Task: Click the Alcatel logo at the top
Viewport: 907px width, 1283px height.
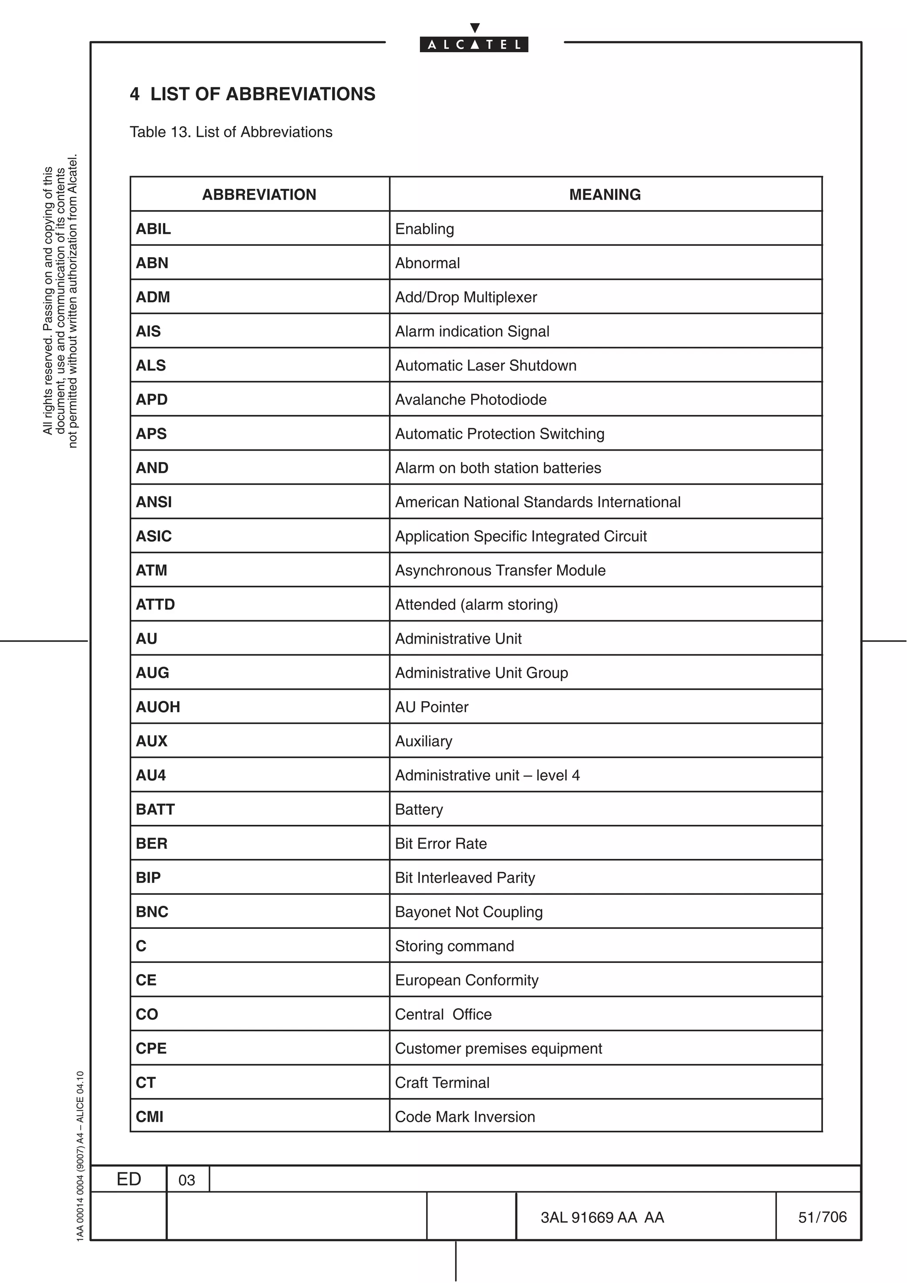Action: point(474,43)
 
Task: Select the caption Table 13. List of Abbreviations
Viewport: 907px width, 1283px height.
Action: point(231,132)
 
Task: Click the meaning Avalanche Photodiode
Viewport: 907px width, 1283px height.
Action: point(470,399)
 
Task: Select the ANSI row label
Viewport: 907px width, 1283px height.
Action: point(154,502)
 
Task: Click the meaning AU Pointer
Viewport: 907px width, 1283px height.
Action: point(431,707)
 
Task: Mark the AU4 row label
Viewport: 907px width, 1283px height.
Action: point(151,775)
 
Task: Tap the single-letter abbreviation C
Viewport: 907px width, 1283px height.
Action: point(141,946)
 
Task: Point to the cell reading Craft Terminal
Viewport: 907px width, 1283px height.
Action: point(442,1082)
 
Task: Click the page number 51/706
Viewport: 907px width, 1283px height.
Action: point(822,1217)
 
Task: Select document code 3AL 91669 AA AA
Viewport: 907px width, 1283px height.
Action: point(602,1217)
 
